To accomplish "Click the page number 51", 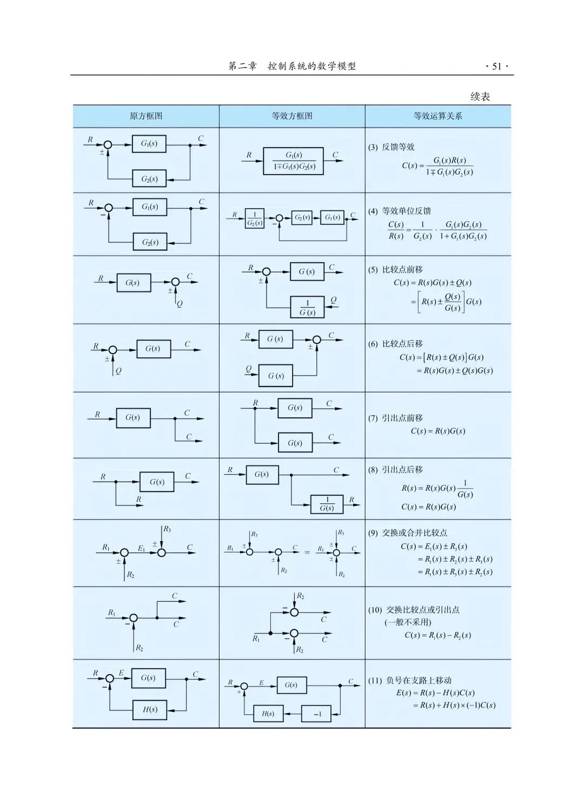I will (496, 66).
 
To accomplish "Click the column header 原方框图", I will (146, 116).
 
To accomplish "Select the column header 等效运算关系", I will (437, 116).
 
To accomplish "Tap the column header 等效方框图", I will (292, 116).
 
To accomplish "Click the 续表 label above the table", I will (480, 97).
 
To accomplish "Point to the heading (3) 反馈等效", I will (391, 147).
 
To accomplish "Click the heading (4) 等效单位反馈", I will (400, 211).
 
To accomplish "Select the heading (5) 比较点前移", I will (396, 269).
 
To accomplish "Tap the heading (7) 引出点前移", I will (396, 418).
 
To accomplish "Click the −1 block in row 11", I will (318, 714).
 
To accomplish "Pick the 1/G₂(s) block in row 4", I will (255, 218).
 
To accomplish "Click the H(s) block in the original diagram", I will (150, 709).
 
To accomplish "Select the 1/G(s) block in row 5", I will (307, 308).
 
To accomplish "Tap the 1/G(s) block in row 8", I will (327, 504).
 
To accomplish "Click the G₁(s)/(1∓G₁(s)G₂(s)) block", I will (294, 161).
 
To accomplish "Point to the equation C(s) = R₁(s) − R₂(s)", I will (437, 635).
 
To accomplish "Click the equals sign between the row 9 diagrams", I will (307, 553).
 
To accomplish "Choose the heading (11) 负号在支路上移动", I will (410, 680).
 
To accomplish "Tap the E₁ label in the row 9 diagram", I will (141, 548).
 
